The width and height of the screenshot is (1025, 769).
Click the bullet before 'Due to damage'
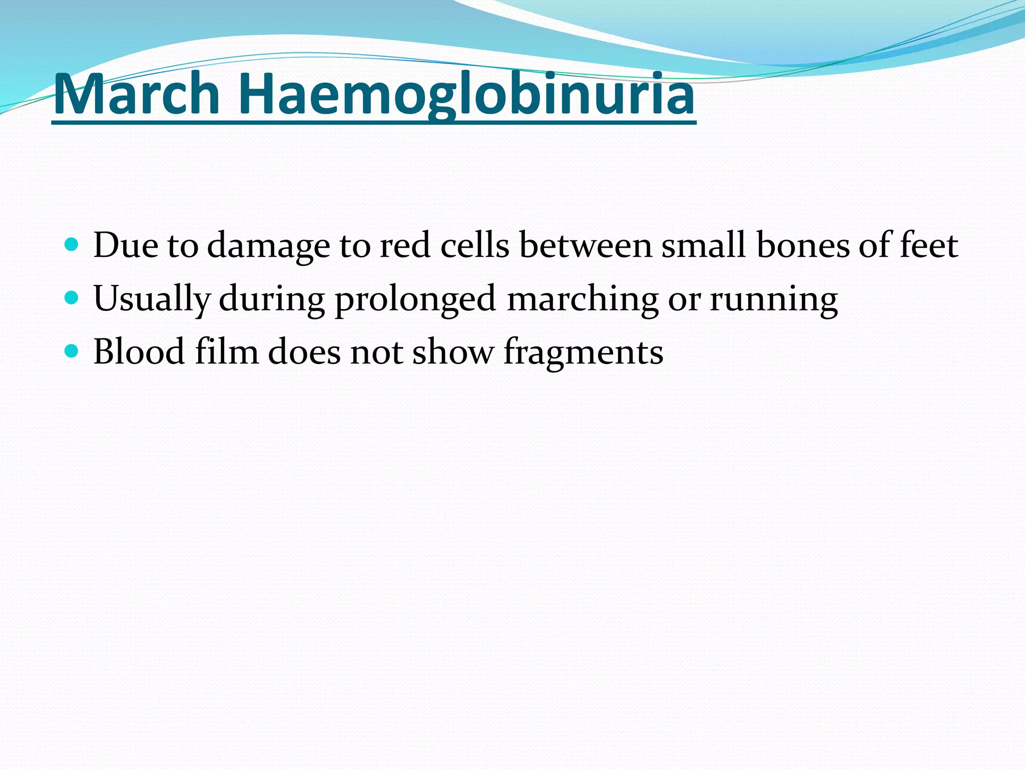click(x=72, y=245)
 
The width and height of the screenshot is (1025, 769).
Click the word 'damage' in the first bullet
click(x=268, y=246)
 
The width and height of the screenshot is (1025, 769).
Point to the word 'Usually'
click(x=152, y=299)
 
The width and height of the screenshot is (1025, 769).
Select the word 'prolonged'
click(x=415, y=299)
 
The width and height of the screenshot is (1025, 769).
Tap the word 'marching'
click(x=583, y=299)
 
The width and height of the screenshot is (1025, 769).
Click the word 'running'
click(x=774, y=299)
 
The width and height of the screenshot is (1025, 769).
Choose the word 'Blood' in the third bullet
click(x=139, y=351)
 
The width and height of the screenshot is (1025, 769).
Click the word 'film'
click(x=227, y=351)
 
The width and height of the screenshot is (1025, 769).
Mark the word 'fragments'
click(x=583, y=352)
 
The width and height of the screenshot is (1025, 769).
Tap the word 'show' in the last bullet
click(x=453, y=351)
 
